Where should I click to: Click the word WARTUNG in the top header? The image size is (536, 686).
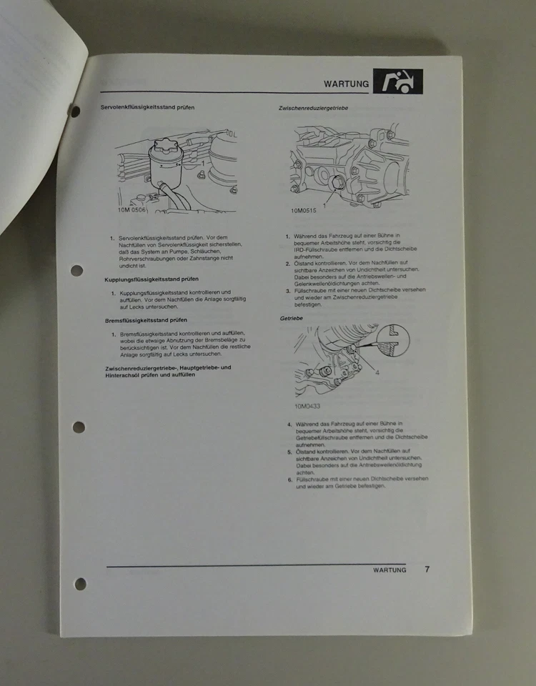(346, 84)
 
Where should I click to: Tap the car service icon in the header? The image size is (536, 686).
(397, 82)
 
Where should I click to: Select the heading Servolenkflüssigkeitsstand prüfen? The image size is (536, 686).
(147, 108)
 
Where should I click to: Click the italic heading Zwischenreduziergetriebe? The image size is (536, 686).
(313, 108)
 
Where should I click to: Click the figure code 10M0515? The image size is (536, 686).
(303, 211)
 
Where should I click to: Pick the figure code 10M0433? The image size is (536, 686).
(307, 407)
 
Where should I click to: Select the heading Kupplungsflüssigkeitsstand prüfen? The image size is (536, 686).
(152, 279)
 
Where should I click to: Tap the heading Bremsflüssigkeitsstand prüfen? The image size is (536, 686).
(146, 321)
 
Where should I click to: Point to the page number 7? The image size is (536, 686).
(427, 570)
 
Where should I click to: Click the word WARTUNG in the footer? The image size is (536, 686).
(389, 570)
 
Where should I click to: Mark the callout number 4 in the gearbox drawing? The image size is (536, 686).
(377, 372)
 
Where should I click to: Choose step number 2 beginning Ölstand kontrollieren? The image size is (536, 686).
(288, 264)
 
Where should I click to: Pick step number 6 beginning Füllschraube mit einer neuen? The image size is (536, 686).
(289, 479)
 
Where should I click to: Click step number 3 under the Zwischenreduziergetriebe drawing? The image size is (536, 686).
(288, 291)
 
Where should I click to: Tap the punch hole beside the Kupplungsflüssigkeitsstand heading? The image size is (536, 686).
(77, 271)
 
